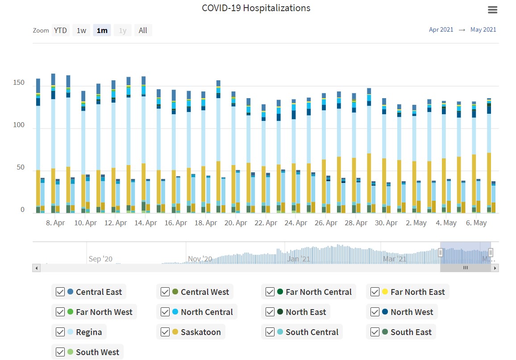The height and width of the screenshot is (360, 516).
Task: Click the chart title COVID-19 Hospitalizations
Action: point(256,8)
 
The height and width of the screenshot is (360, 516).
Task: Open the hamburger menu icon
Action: point(492,10)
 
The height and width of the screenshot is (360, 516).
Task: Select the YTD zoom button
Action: point(60,30)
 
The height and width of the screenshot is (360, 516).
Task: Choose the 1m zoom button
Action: point(102,30)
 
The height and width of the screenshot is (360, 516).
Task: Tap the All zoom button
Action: point(143,30)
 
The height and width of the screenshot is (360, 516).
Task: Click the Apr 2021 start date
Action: point(441,29)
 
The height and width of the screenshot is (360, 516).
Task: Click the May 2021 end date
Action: point(483,29)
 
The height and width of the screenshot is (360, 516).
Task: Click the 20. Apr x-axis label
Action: point(236,223)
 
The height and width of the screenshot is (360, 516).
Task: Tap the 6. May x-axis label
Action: point(476,223)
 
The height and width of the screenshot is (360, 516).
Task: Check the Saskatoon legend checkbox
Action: point(165,332)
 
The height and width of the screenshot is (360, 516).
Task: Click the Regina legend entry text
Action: point(89,332)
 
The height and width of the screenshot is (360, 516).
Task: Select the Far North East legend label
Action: point(417,292)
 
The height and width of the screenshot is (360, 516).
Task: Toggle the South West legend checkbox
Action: point(60,352)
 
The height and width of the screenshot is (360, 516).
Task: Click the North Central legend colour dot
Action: point(175,312)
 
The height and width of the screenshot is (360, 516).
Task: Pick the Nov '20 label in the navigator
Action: point(200,259)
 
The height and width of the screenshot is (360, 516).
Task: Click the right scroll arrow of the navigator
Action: point(495,268)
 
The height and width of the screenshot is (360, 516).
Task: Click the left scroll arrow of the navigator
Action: point(37,268)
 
